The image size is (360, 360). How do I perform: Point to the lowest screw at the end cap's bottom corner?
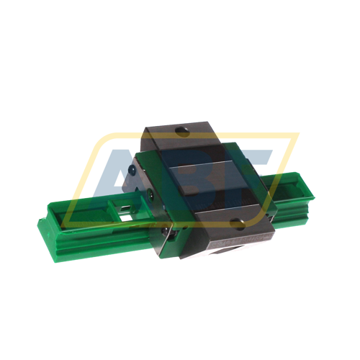pyautogui.click(x=166, y=230)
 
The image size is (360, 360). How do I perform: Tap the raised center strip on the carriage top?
pyautogui.click(x=209, y=172)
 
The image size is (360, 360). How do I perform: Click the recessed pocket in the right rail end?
pyautogui.click(x=292, y=189)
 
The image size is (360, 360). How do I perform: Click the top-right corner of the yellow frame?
pyautogui.click(x=297, y=135)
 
